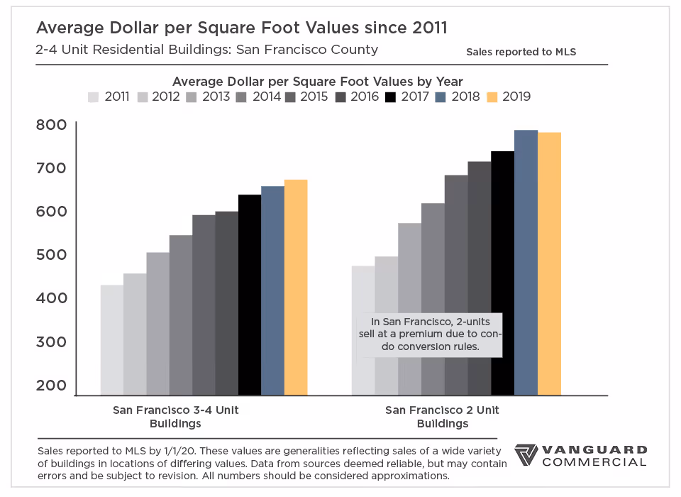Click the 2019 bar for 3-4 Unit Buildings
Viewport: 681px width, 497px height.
[296, 288]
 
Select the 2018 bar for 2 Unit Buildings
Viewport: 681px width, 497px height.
[526, 263]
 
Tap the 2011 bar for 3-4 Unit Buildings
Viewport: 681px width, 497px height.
[111, 340]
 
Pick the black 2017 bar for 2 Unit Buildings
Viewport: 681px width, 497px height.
[502, 273]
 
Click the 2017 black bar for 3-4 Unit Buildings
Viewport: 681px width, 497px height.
[250, 295]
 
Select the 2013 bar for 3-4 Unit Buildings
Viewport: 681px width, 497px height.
[157, 324]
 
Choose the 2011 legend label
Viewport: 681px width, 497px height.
[117, 97]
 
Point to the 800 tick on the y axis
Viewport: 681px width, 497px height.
[51, 125]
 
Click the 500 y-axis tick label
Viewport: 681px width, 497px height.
[51, 255]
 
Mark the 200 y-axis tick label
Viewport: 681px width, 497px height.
[51, 386]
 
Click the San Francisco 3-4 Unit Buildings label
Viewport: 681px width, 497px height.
[175, 417]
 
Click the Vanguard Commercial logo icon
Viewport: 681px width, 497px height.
[526, 456]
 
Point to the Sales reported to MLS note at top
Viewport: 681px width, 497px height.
[521, 53]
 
